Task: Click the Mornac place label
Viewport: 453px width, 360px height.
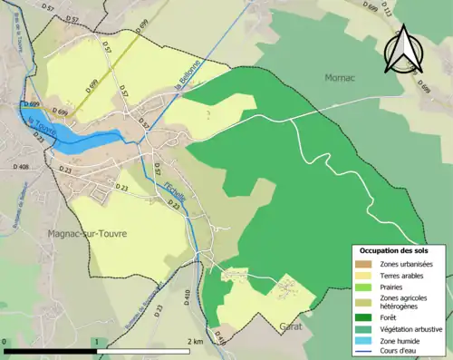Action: click(342, 78)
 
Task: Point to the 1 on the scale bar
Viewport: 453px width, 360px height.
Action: click(96, 342)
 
